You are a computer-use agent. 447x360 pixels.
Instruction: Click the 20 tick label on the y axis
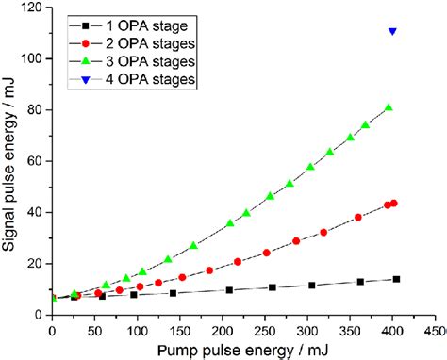36,263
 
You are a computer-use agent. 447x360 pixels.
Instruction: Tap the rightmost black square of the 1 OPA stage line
396,279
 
